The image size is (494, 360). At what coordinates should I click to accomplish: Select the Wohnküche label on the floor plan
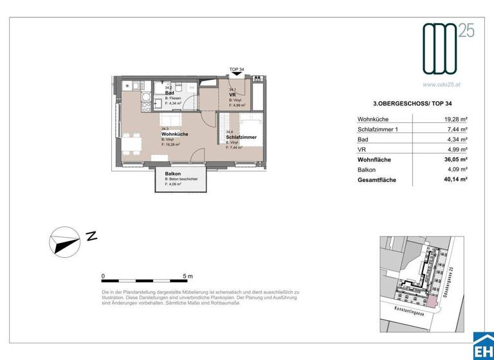[174, 134]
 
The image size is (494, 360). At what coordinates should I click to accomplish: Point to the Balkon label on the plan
[172, 174]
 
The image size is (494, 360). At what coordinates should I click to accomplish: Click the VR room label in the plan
[232, 94]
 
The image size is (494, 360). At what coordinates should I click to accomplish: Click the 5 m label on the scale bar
[188, 276]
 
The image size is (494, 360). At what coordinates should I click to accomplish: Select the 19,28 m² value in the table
[455, 119]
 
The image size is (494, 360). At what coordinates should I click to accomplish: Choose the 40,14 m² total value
[454, 181]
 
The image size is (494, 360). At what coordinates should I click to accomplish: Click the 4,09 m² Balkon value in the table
[455, 170]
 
